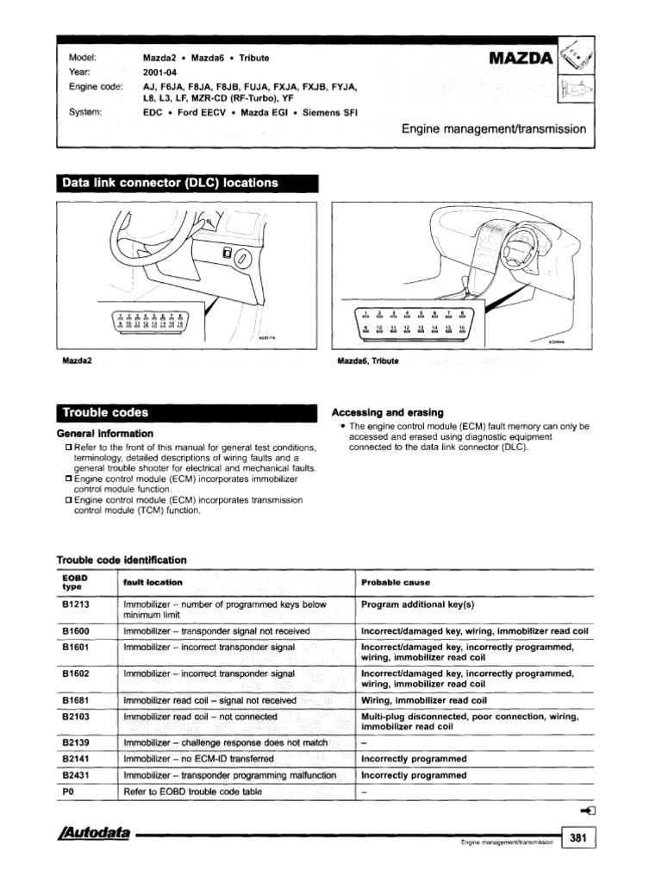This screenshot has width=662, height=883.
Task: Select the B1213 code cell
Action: [x=77, y=604]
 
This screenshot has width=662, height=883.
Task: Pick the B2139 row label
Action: [x=77, y=742]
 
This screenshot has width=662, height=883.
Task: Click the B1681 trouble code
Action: [x=77, y=700]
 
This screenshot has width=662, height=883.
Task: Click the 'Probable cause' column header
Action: [x=396, y=582]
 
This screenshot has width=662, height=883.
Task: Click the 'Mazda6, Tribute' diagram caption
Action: [x=367, y=360]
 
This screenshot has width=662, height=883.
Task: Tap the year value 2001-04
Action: [x=159, y=72]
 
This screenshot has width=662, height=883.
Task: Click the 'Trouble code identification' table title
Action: [x=121, y=560]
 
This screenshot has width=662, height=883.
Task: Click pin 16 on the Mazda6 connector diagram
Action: [x=461, y=329]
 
